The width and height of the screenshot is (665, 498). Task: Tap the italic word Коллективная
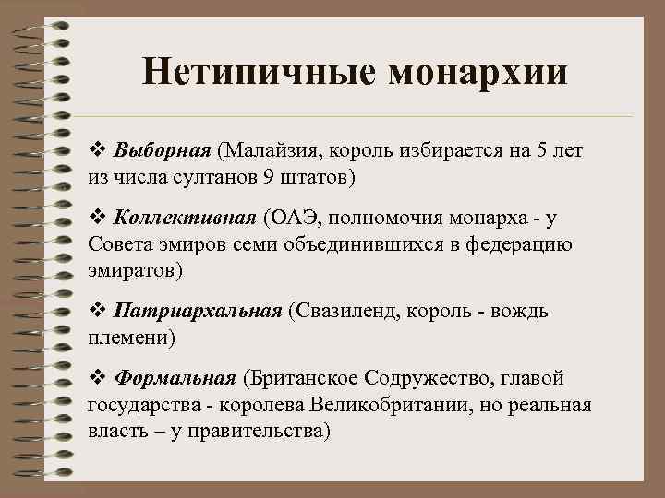[184, 219]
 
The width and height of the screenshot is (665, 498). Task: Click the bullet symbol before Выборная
[96, 149]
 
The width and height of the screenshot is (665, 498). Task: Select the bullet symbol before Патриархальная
[96, 310]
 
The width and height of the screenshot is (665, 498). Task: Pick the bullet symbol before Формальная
[96, 378]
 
